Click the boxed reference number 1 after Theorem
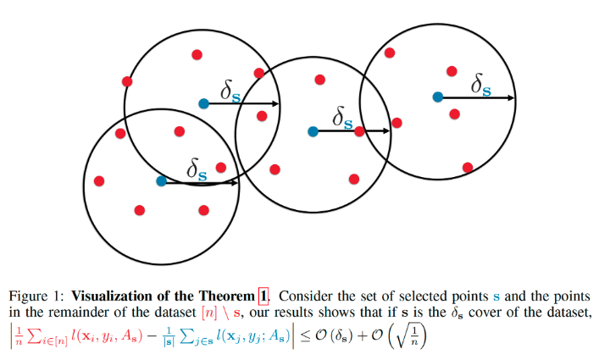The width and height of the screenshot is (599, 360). [263, 296]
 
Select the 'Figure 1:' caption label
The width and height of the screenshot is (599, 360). [37, 296]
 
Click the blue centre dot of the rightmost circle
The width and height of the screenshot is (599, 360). [437, 97]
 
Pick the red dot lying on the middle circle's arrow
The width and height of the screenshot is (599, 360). [359, 131]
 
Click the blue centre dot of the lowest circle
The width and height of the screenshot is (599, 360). [161, 180]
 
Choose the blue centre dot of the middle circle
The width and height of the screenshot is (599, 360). [313, 131]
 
